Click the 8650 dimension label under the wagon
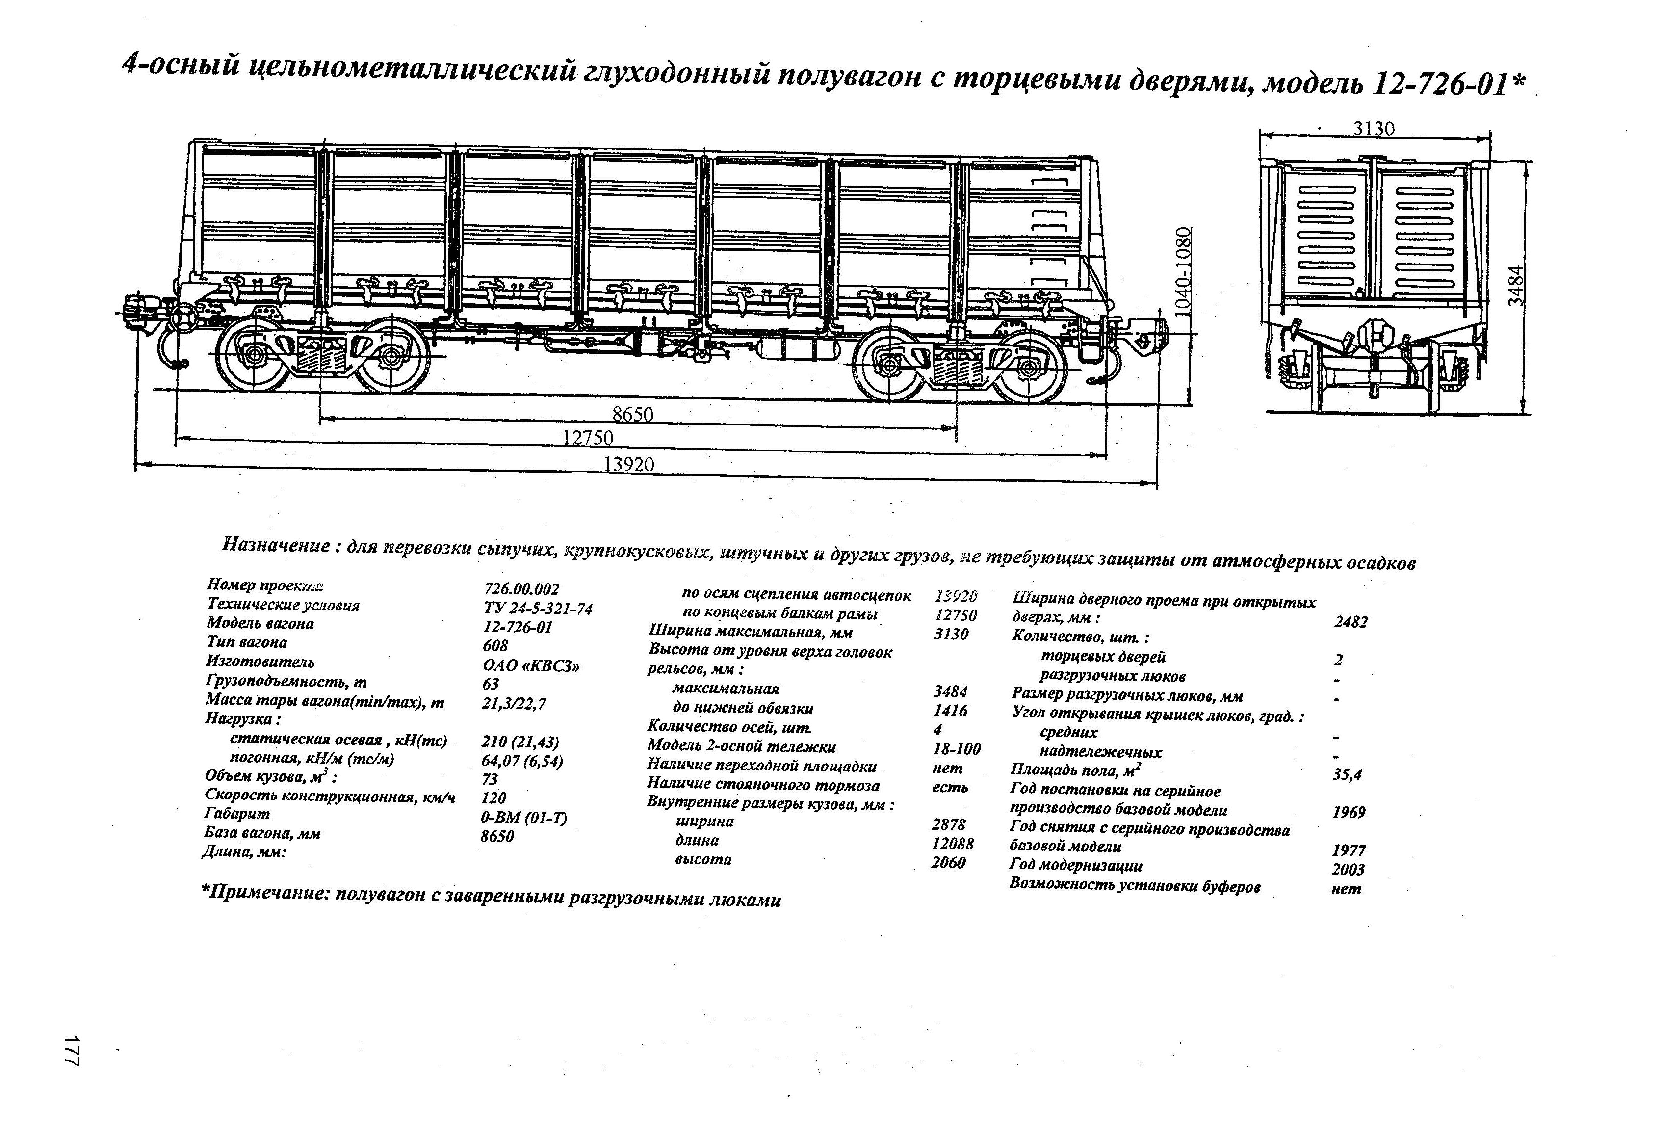(633, 415)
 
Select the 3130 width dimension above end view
(1374, 129)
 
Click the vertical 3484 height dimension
(1516, 286)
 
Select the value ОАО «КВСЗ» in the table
(531, 666)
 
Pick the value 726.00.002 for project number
(521, 589)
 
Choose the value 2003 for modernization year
(1348, 869)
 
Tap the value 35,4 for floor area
(1348, 774)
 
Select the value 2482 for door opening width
(1350, 622)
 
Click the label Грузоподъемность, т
(286, 682)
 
